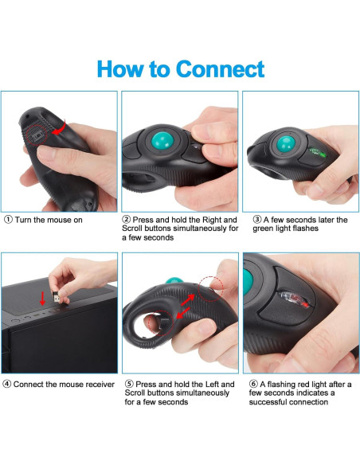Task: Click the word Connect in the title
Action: pyautogui.click(x=221, y=68)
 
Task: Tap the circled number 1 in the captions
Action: pyautogui.click(x=8, y=220)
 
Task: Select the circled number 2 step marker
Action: pyautogui.click(x=127, y=220)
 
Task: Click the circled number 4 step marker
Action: pyautogui.click(x=8, y=384)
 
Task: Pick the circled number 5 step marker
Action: pyautogui.click(x=127, y=384)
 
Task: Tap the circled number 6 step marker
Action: pyautogui.click(x=248, y=384)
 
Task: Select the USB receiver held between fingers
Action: pyautogui.click(x=53, y=295)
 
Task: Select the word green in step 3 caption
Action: pyautogui.click(x=266, y=229)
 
